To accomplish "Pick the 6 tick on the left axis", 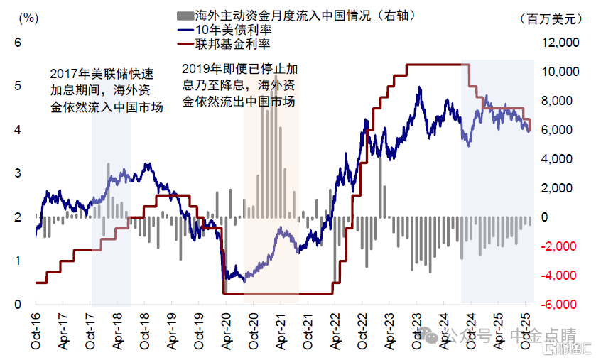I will coord(19,43).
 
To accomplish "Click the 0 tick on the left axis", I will coord(19,305).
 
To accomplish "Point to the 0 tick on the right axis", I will coord(546,217).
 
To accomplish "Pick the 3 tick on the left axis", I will coord(19,174).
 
